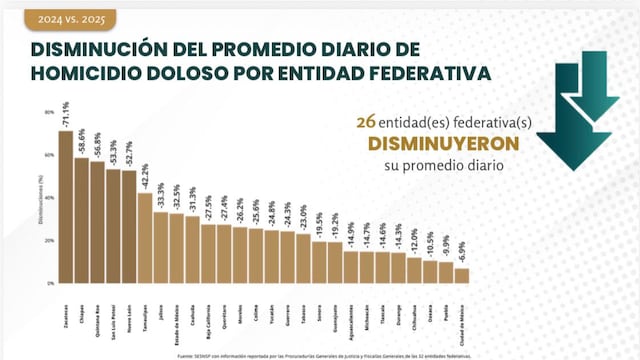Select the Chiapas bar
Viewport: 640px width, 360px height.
[81, 221]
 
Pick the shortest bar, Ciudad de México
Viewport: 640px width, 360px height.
[461, 276]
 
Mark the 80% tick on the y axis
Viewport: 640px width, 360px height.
[48, 112]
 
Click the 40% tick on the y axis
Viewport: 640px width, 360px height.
[48, 198]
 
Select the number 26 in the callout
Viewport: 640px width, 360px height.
[364, 121]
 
